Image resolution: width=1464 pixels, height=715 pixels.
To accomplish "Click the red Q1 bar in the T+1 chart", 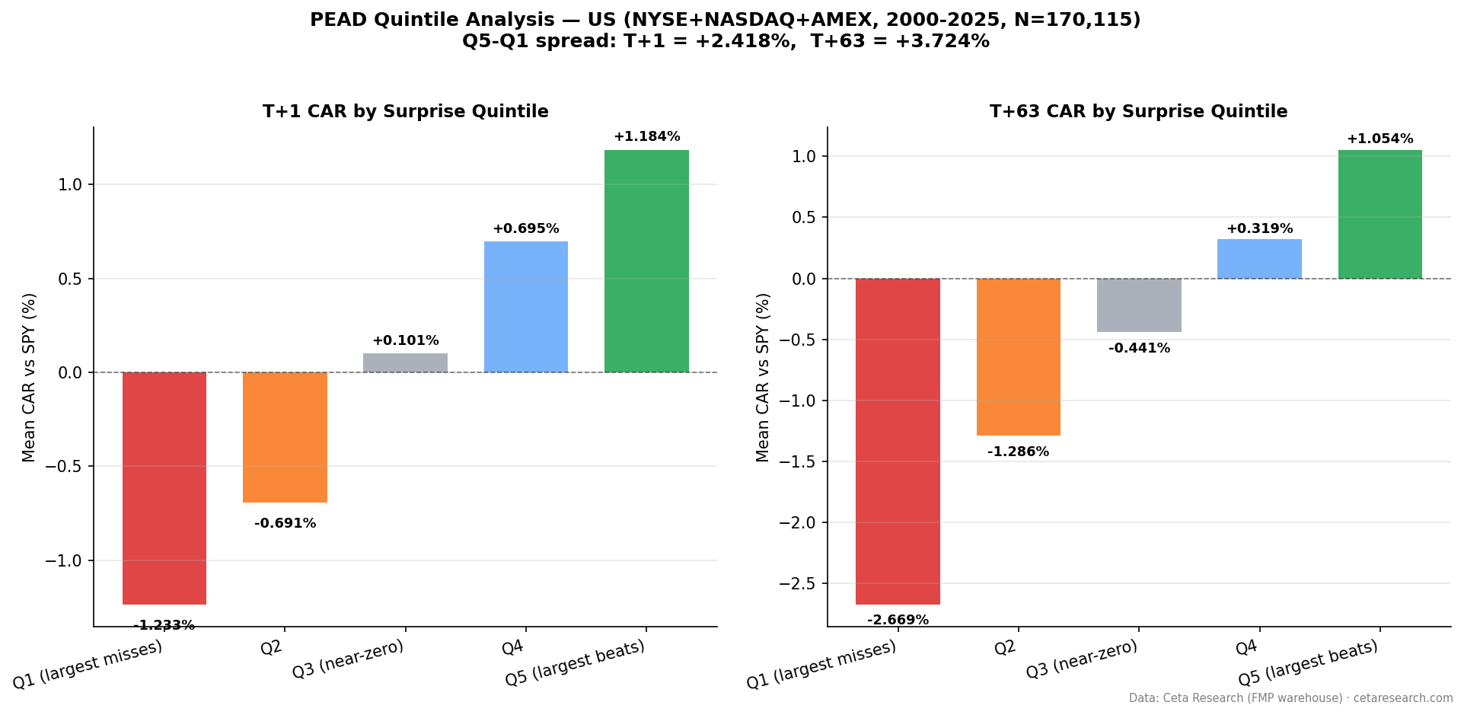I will click(164, 488).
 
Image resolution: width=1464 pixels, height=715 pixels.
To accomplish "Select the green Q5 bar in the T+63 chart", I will click(1379, 215).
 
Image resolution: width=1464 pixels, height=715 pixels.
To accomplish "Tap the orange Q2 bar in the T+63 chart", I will click(1018, 357).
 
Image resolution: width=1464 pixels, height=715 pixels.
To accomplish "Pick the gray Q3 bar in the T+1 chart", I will click(405, 363).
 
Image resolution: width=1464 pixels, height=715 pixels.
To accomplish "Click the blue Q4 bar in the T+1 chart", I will click(525, 307).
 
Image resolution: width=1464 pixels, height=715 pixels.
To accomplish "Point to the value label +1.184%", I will click(646, 137).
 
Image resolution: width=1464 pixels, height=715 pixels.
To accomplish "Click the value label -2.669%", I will click(898, 620).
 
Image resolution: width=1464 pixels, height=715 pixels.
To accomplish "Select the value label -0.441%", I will click(1139, 349).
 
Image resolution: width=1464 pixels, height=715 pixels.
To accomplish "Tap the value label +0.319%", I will click(1259, 228).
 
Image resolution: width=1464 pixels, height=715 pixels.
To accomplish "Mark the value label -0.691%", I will click(285, 524).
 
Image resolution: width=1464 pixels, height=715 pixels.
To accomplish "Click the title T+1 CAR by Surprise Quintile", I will click(405, 112).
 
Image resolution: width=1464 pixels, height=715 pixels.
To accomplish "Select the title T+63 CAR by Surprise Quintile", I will click(1138, 112).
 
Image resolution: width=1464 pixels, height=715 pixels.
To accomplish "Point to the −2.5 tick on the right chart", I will click(797, 584).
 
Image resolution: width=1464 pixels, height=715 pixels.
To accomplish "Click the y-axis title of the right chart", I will click(763, 377).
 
